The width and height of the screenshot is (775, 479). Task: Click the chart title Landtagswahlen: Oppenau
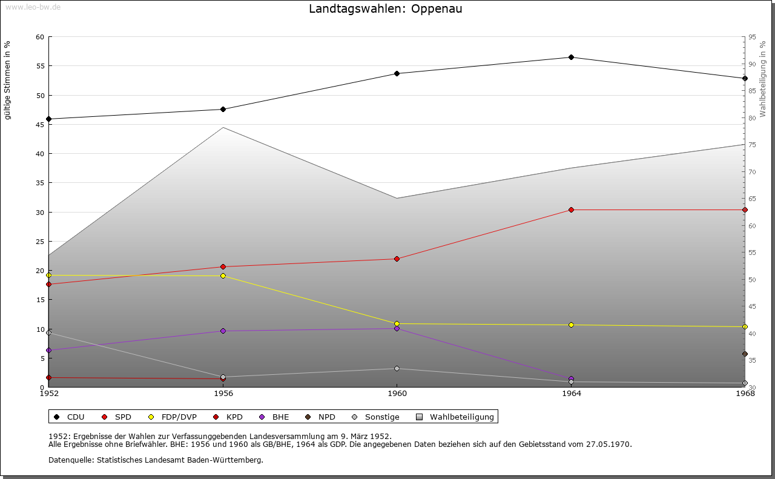coord(385,8)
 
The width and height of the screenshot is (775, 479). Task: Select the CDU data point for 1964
coord(571,58)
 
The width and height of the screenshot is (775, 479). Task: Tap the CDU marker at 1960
coord(397,74)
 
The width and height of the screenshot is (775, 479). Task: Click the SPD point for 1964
coord(571,210)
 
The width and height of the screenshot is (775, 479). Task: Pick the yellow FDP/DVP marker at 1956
coord(223,276)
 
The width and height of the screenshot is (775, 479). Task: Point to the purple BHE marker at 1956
coord(223,331)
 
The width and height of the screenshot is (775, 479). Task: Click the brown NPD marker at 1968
coord(745,354)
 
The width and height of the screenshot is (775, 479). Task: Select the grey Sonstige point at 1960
coord(397,369)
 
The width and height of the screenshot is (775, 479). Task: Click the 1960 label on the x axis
coord(397,394)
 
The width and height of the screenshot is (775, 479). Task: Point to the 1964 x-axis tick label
coord(571,394)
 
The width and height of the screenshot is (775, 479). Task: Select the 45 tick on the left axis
coord(40,125)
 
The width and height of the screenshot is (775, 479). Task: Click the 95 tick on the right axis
coord(752,37)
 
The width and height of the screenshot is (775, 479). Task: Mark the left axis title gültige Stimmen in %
coord(8,80)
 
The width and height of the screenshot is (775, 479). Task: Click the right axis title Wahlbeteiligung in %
coord(763,79)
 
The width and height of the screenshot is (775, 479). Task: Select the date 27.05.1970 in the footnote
coord(608,444)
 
